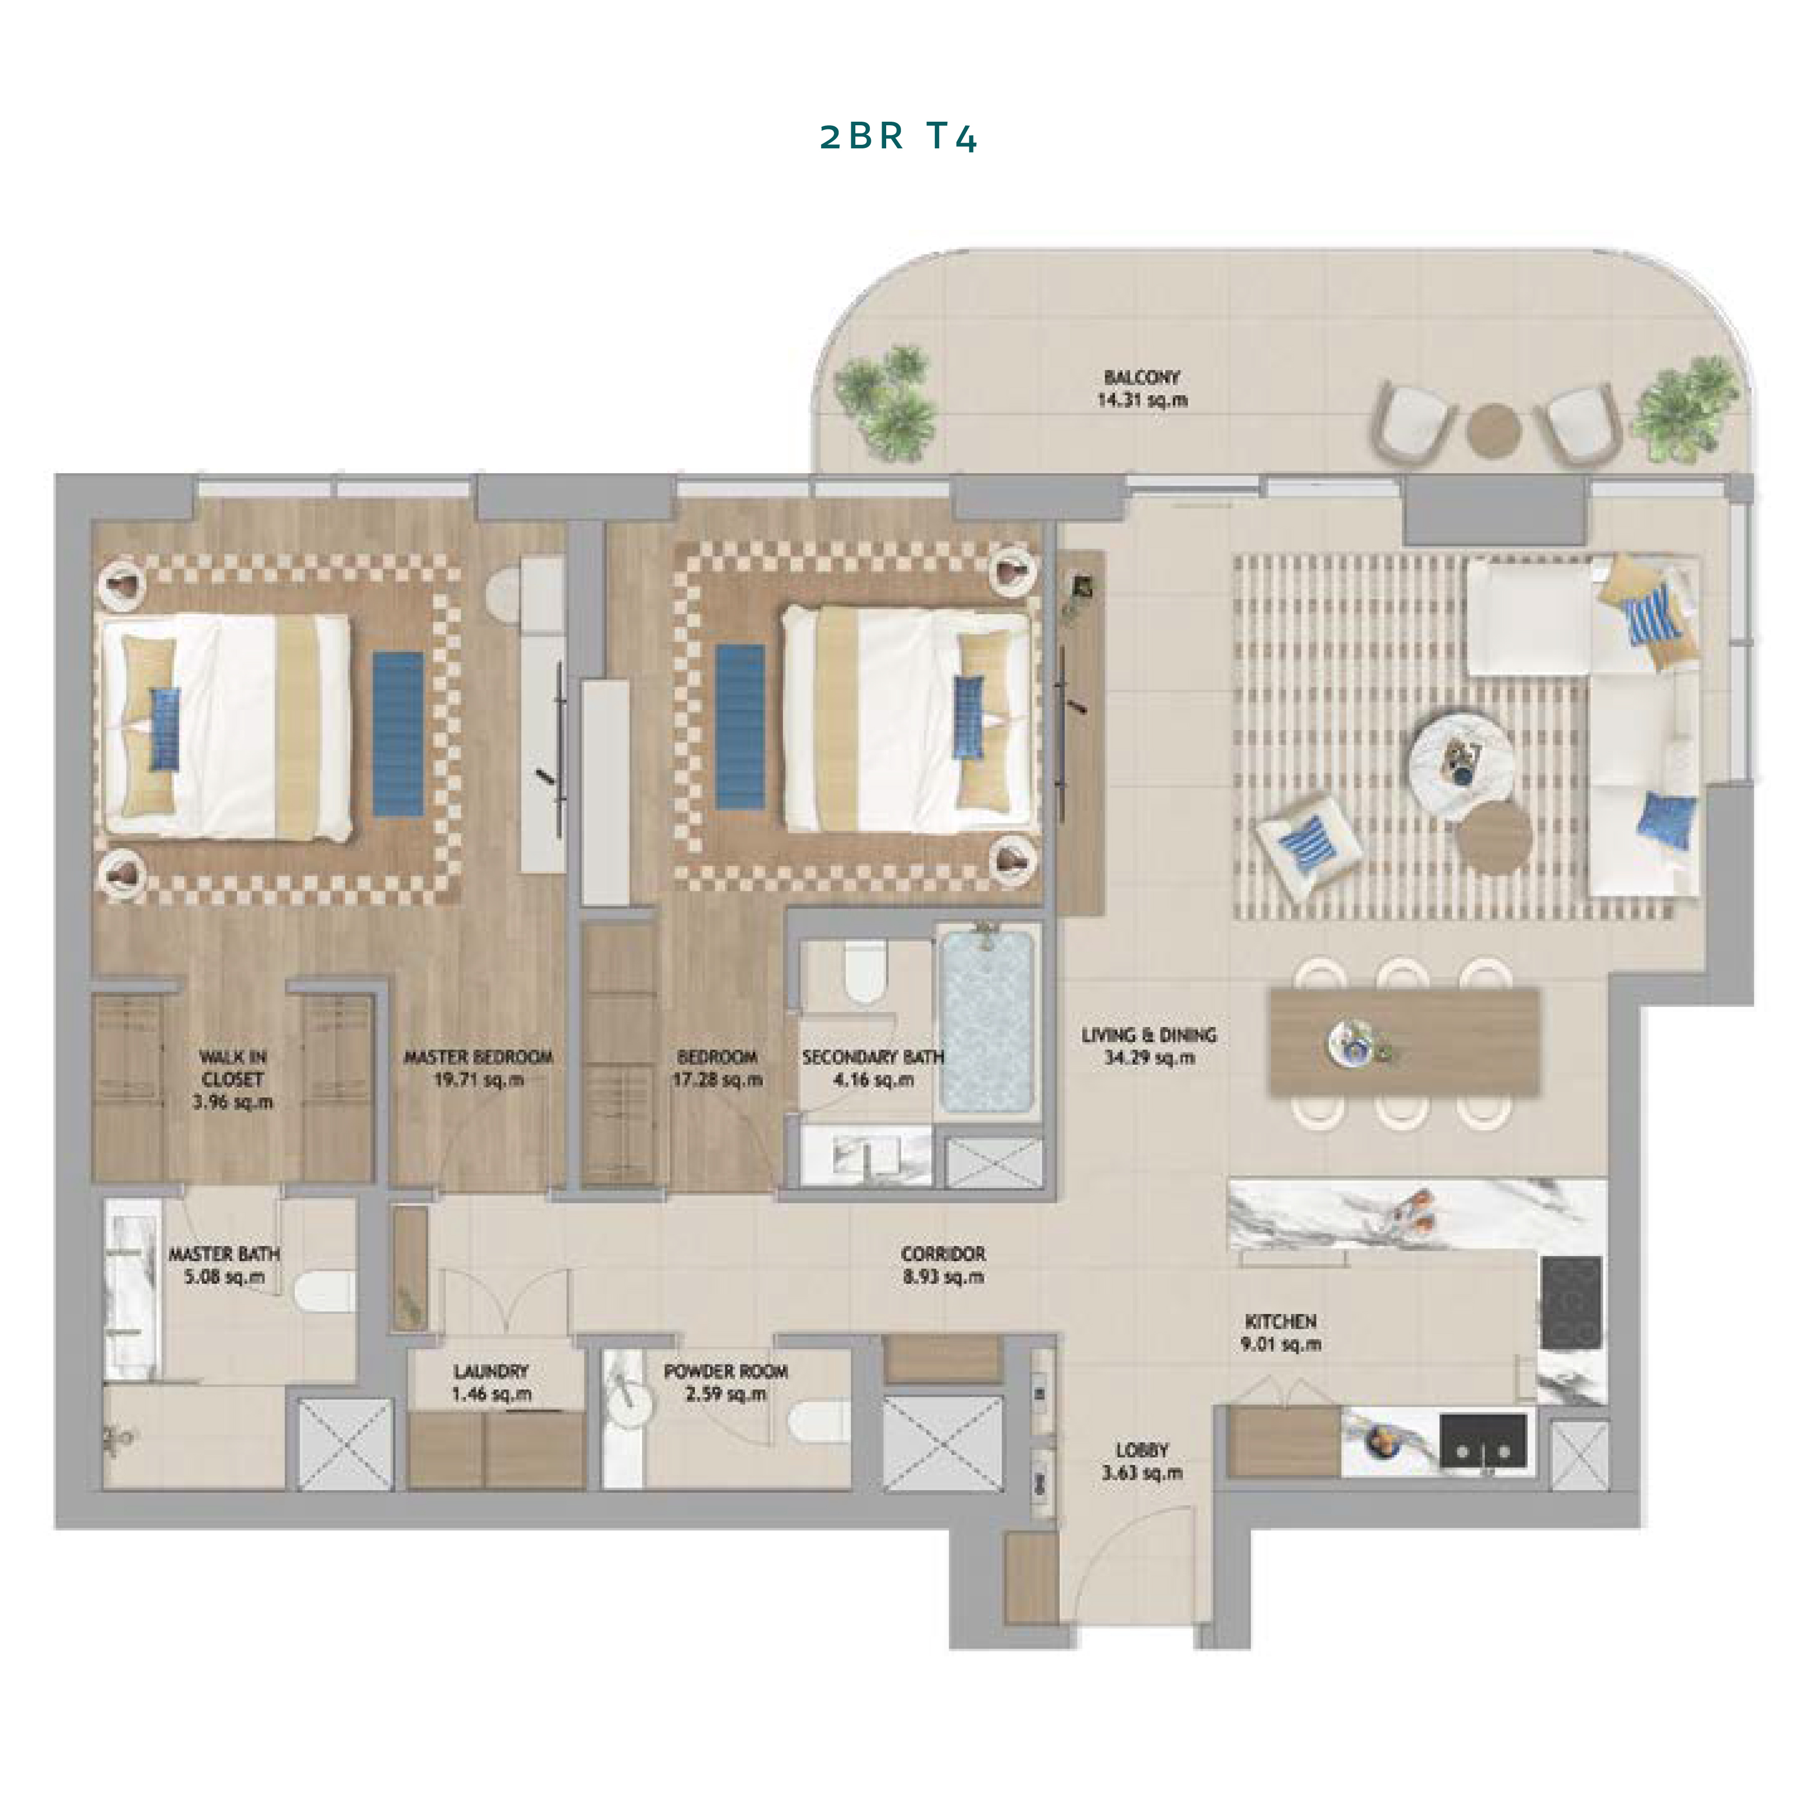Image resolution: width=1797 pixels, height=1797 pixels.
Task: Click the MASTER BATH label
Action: (224, 1254)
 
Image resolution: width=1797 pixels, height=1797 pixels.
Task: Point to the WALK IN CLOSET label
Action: (233, 1069)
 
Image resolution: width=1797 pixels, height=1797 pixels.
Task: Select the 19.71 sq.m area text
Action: (478, 1080)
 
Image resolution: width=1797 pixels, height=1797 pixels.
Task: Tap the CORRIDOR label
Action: (943, 1254)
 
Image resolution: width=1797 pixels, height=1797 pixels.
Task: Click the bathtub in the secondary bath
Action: (987, 1020)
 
